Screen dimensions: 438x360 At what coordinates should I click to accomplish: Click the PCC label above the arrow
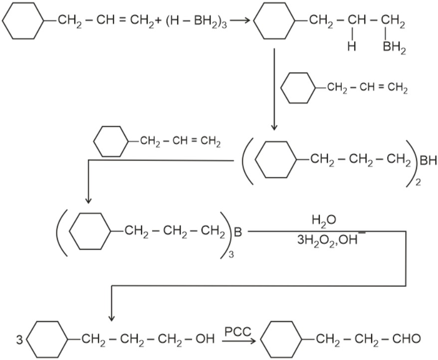click(238, 332)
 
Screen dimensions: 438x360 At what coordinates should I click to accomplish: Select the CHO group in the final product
click(407, 339)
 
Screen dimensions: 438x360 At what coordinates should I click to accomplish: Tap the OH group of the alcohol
click(205, 339)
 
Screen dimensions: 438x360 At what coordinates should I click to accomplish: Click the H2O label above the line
click(324, 220)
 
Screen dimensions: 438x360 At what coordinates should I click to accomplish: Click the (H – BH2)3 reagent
click(197, 21)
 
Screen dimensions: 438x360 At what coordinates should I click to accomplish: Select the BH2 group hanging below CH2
click(394, 47)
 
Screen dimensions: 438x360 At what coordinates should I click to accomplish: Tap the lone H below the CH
click(352, 46)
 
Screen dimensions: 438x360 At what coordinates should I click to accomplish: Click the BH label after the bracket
click(428, 161)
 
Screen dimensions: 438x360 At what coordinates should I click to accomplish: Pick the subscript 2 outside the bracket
click(418, 182)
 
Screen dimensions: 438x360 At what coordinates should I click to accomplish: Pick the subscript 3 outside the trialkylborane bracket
click(231, 254)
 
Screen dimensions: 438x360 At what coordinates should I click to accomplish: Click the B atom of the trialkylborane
click(238, 232)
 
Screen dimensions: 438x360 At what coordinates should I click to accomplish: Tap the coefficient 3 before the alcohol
click(19, 340)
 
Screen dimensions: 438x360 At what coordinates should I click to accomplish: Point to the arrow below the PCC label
click(239, 341)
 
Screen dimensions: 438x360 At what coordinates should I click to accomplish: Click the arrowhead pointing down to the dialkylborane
click(274, 127)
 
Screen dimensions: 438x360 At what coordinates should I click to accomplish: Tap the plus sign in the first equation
click(159, 20)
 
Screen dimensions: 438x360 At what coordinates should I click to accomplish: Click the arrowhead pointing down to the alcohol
click(111, 318)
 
